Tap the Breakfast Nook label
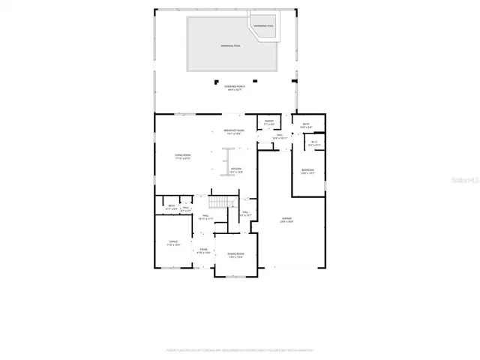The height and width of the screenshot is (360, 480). pos(232,132)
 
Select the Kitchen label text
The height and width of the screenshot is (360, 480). pos(235,170)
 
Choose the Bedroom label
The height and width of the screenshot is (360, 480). pos(307,172)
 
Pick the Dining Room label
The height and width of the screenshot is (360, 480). pos(236,256)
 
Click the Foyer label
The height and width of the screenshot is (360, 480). pos(203,251)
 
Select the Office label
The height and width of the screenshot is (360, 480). pos(173,244)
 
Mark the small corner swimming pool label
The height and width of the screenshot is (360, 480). pos(263,26)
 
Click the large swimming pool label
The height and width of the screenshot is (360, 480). pos(230,46)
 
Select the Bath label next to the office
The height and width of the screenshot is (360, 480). pos(172,207)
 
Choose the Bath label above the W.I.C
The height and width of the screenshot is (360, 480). pos(306,125)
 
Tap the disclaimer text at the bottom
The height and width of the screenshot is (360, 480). pos(240,349)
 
